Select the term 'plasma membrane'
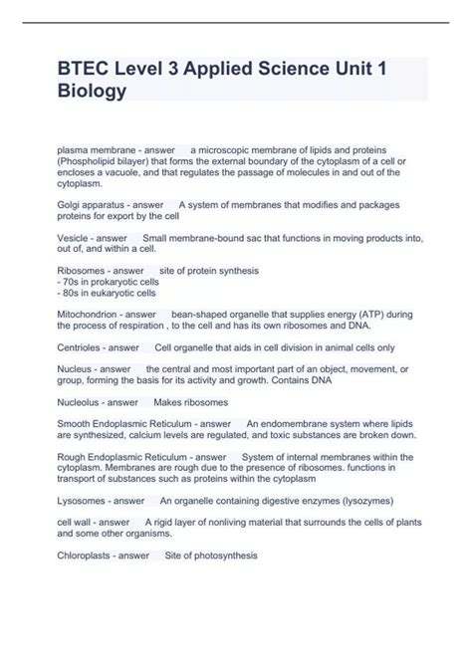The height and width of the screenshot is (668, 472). coord(92,149)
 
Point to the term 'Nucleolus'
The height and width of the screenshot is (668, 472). coord(79,402)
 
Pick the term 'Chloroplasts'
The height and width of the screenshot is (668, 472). coord(85,556)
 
